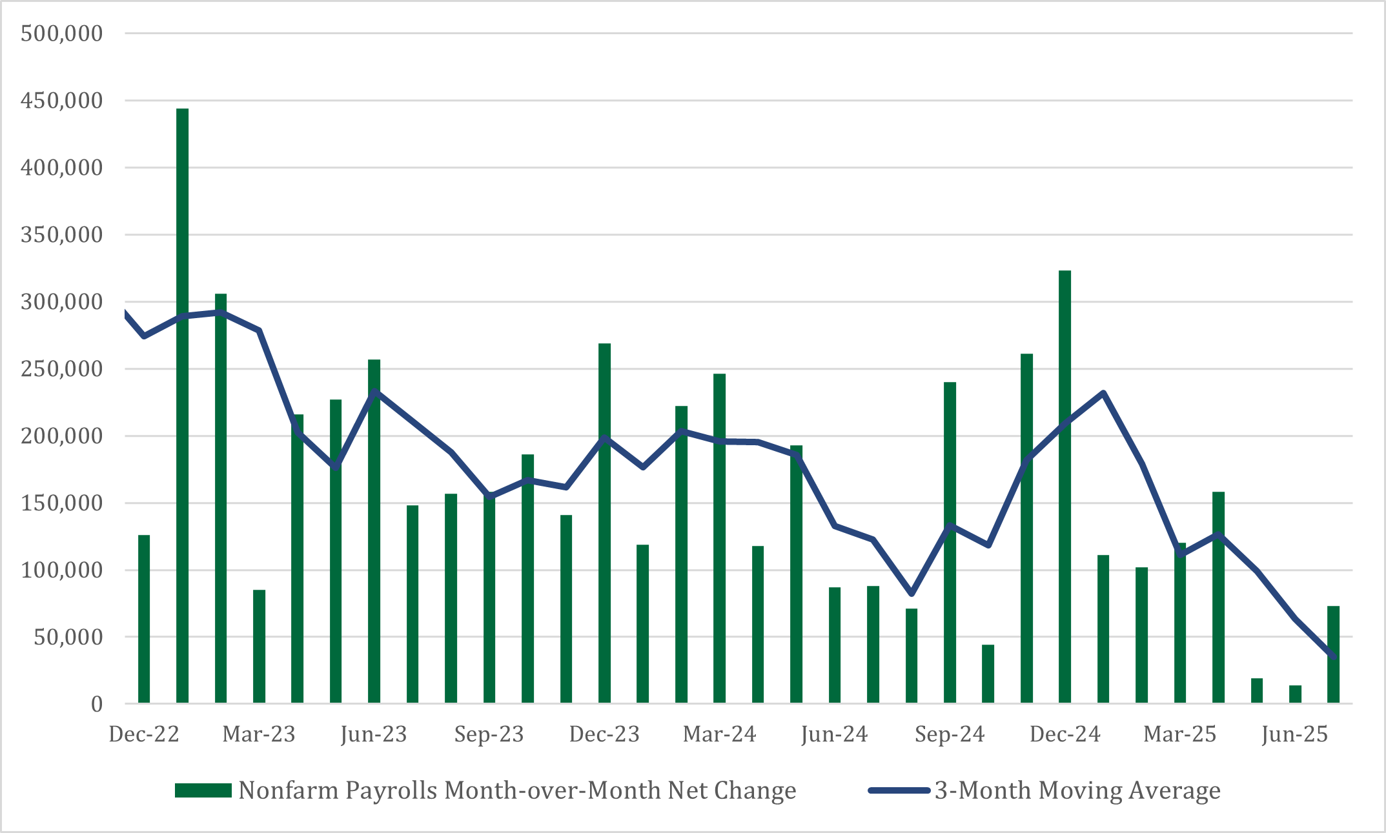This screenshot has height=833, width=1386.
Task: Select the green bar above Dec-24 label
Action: point(1065,490)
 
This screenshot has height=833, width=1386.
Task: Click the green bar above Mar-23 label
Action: point(259,645)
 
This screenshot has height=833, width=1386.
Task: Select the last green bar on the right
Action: point(1333,654)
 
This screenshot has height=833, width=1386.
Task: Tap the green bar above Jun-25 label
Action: point(1295,694)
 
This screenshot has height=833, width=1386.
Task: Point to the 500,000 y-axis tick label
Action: point(62,33)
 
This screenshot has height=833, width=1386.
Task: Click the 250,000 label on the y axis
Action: point(62,369)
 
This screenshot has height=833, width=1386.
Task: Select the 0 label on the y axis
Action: point(96,704)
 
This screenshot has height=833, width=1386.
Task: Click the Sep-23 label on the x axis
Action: point(489,734)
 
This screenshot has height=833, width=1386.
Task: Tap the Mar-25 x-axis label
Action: point(1179,734)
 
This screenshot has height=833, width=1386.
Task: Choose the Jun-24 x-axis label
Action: point(834,734)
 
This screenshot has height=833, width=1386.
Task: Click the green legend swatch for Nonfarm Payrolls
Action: point(203,790)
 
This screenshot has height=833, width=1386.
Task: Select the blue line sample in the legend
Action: point(898,790)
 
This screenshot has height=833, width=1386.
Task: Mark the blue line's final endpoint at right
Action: point(1334,657)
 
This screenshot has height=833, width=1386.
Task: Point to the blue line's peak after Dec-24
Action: point(1103,392)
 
